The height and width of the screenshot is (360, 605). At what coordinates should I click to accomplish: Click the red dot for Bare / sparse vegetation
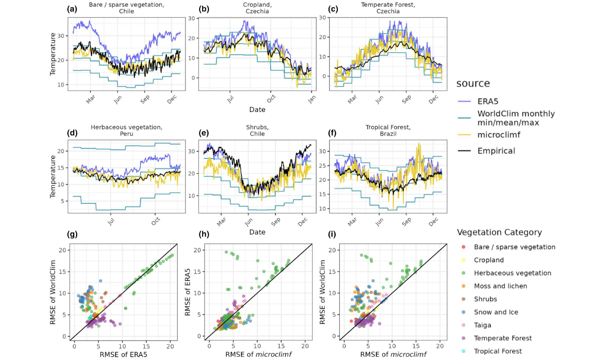click(463, 247)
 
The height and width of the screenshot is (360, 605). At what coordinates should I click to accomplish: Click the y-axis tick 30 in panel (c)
click(322, 18)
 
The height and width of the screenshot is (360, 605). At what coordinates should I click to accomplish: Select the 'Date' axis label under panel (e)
click(257, 232)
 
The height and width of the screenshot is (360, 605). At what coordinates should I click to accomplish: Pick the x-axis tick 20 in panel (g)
click(170, 345)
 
